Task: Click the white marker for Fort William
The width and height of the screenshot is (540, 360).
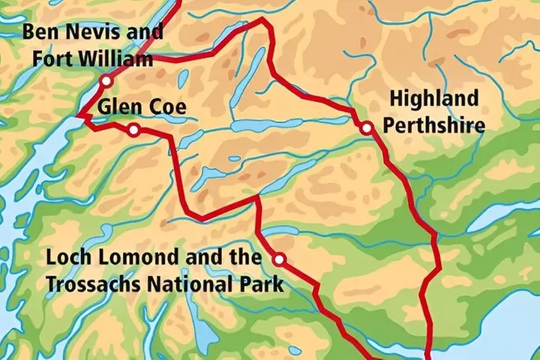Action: tap(106, 80)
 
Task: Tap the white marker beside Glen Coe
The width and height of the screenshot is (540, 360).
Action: tap(133, 130)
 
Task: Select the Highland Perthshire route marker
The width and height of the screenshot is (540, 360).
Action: tap(366, 128)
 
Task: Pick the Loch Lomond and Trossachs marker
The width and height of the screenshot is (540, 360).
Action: tap(279, 259)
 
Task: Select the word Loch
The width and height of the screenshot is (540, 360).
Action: tap(63, 258)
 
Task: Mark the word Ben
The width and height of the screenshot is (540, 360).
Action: tap(37, 33)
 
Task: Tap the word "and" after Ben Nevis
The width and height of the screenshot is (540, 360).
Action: tap(148, 33)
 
